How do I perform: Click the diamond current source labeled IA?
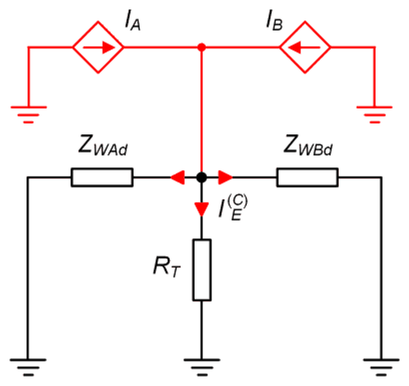[x=98, y=47]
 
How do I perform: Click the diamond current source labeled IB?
[x=305, y=47]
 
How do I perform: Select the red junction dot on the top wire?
[x=201, y=47]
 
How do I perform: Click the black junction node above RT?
[x=201, y=178]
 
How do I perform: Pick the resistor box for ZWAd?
[x=102, y=178]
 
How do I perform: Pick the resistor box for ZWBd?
[x=307, y=178]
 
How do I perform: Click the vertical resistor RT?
[x=202, y=270]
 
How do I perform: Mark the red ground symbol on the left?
[x=29, y=114]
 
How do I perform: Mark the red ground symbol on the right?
[x=374, y=114]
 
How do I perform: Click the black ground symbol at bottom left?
[x=28, y=367]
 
